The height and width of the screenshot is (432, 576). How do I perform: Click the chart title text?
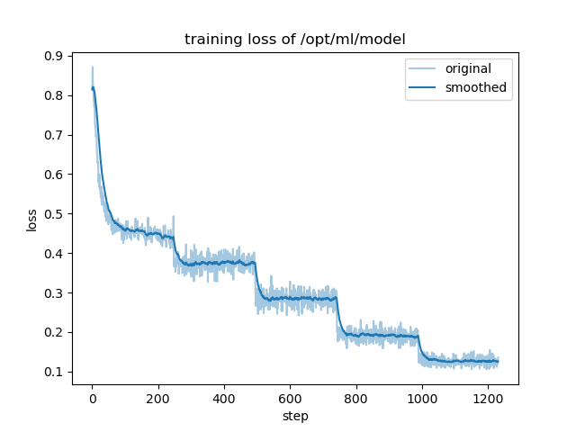click(x=294, y=40)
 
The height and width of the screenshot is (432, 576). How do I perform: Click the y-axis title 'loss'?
click(x=31, y=220)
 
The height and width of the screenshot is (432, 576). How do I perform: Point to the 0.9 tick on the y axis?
click(x=55, y=56)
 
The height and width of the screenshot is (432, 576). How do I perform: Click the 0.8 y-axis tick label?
click(x=55, y=95)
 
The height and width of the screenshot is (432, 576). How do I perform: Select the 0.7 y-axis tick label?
click(x=55, y=135)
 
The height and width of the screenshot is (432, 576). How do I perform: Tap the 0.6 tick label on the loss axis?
click(x=55, y=175)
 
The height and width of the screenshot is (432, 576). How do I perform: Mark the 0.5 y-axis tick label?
click(x=55, y=214)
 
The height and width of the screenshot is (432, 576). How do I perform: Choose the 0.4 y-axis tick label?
click(x=55, y=254)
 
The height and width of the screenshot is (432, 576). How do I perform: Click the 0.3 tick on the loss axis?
click(x=55, y=293)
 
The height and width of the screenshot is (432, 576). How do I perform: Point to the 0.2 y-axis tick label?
click(x=55, y=333)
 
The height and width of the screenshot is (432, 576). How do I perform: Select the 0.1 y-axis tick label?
click(x=55, y=373)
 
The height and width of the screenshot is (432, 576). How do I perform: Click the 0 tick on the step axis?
click(x=92, y=399)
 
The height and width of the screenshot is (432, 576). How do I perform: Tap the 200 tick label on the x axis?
click(x=157, y=399)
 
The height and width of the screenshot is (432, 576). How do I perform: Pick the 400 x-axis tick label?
click(x=224, y=399)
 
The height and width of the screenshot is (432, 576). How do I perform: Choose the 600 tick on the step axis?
click(x=290, y=399)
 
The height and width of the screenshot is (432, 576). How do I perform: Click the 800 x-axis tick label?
click(x=355, y=399)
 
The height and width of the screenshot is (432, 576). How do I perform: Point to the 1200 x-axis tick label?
click(x=487, y=399)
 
